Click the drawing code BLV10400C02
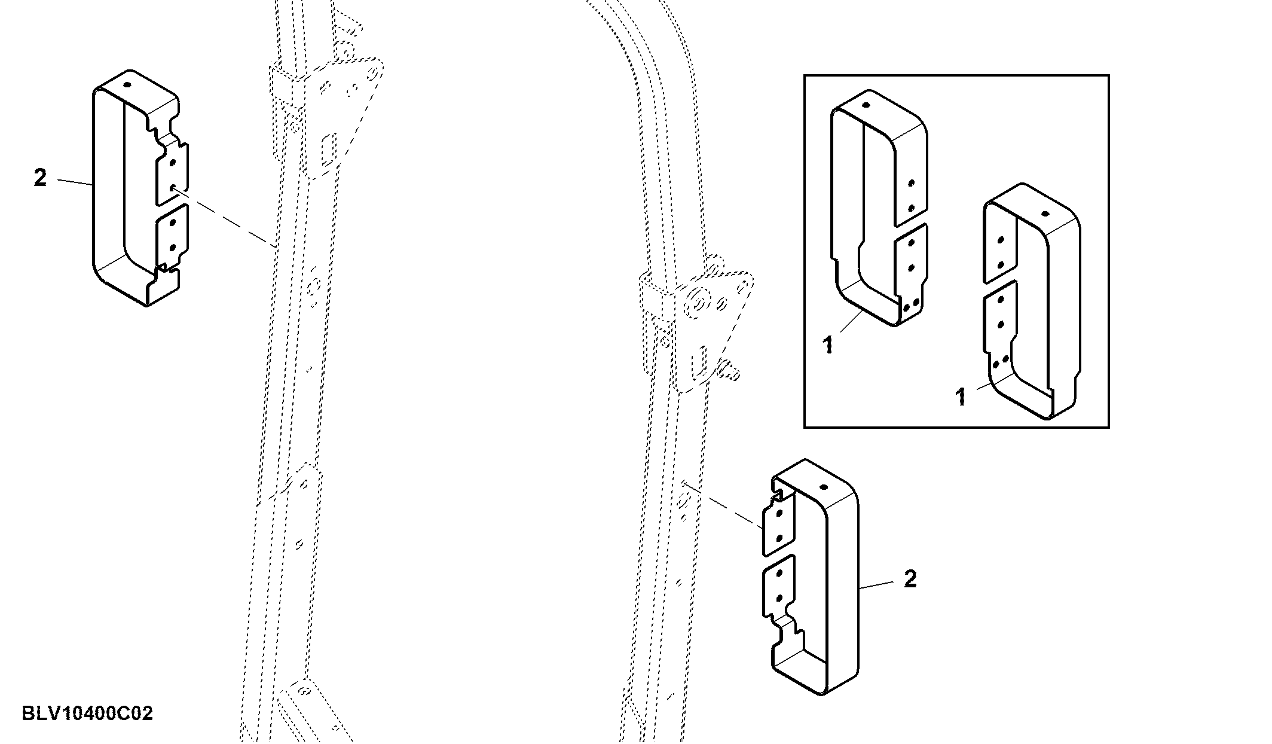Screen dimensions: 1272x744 87,713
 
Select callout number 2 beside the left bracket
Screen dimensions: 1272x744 40,178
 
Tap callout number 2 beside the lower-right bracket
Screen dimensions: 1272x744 910,579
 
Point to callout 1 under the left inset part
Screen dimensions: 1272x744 828,345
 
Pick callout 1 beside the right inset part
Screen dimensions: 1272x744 961,397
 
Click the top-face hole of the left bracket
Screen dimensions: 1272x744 127,84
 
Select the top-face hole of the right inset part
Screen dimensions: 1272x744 1045,213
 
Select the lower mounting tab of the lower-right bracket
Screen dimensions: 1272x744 779,585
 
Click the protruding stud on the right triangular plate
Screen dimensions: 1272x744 731,370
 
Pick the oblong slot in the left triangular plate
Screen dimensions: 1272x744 328,150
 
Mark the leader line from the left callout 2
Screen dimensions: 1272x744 75,182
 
